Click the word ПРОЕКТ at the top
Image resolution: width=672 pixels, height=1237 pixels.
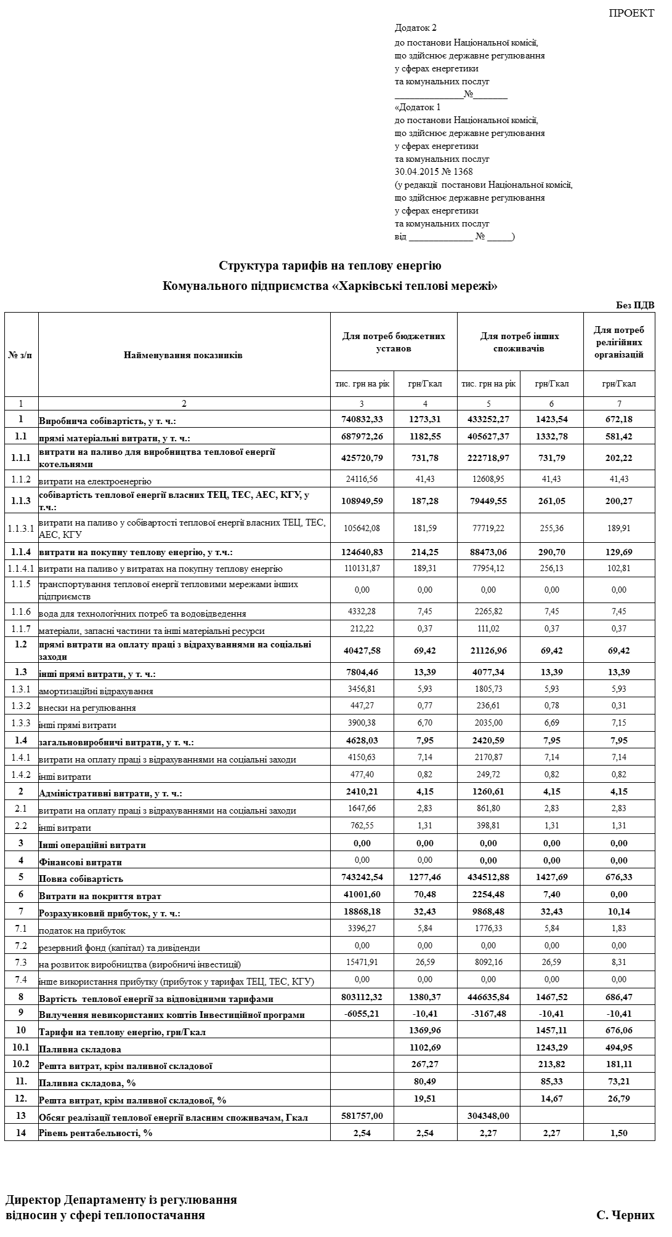631,13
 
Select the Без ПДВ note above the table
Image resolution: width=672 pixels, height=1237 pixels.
635,305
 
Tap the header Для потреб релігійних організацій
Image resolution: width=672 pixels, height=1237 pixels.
619,343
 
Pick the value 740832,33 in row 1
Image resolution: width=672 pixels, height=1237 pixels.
362,419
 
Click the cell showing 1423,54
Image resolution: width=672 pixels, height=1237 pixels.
551,419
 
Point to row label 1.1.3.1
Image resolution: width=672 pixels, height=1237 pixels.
21,528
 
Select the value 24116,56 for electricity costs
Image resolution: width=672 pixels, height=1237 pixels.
362,479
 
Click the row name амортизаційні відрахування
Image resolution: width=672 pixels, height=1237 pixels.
96,691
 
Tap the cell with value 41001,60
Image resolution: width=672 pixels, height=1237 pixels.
362,894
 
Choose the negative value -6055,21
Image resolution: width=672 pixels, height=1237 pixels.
362,1014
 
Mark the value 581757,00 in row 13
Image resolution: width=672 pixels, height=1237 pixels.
362,1116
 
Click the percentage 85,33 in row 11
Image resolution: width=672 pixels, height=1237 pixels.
551,1081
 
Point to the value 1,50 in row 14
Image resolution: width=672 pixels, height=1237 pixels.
619,1132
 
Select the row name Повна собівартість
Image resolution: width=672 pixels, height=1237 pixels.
81,879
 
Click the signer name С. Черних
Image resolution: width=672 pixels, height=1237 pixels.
625,1215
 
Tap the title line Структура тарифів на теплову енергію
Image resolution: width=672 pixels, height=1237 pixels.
330,266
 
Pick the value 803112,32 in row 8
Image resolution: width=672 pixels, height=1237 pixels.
362,997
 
